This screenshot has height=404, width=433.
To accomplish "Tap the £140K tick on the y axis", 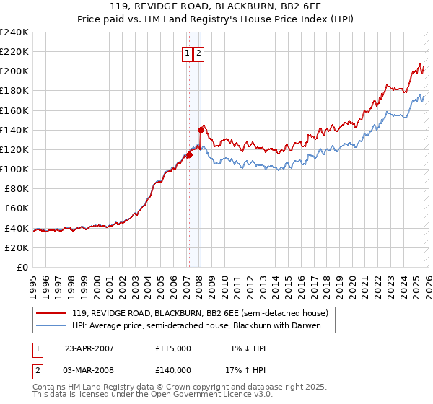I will click(14, 130).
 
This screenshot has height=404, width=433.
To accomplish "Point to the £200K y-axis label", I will click(14, 71).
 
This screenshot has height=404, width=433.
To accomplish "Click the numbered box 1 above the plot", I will click(187, 53).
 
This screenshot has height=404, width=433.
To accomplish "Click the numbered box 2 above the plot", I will click(199, 53).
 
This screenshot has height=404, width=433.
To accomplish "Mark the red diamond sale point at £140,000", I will click(201, 130).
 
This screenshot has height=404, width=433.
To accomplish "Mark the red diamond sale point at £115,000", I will click(189, 154).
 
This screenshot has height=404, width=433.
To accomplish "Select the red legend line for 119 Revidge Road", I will click(52, 314).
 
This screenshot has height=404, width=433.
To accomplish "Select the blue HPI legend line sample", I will click(52, 326).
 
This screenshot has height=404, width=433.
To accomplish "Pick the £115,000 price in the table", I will click(173, 348).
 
